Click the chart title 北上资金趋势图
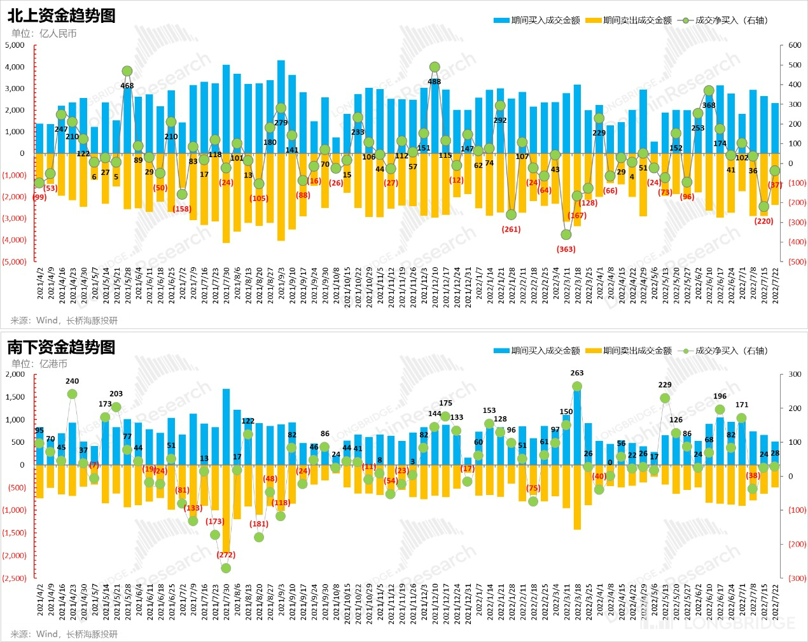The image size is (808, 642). pos(62,15)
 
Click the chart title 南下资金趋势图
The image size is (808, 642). pos(62,347)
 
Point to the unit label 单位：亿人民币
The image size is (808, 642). pos(44,34)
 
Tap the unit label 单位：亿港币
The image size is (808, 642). pos(39,364)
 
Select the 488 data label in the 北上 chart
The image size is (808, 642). pos(434,81)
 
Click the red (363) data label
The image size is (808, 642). pos(566,249)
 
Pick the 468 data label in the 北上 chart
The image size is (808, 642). pos(127,86)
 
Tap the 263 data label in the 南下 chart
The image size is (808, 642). pos(577,373)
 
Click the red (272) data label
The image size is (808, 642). pos(226,555)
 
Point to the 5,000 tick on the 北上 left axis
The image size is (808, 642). pos(15,45)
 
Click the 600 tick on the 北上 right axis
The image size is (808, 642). pos(795,45)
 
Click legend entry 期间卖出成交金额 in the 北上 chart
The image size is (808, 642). pos(637,20)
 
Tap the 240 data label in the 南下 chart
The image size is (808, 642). pos(73,381)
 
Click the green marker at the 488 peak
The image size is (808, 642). pos(435,67)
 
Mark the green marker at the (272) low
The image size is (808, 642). pos(226,568)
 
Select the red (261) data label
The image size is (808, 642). pos(512,230)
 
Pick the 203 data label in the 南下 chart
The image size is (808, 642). pos(116,394)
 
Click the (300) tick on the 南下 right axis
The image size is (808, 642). pos(797,578)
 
